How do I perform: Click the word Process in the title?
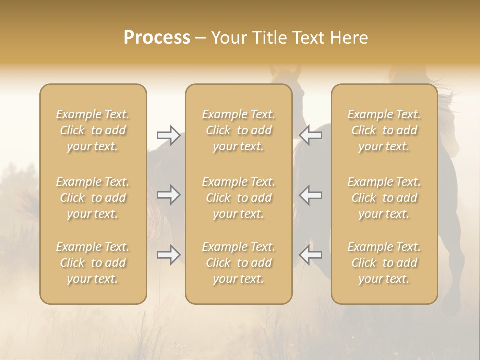(157, 38)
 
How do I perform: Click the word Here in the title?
(350, 38)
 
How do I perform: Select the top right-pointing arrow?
(168, 135)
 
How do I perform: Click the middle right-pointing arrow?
(168, 194)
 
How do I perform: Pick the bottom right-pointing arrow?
(168, 255)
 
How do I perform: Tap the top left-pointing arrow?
(311, 135)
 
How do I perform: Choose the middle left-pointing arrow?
(311, 194)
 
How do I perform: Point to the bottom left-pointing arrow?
(311, 255)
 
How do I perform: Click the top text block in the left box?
(93, 130)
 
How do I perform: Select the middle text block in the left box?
(93, 198)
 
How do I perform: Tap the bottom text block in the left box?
(93, 263)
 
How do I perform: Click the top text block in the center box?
(238, 130)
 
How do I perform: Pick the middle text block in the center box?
(238, 198)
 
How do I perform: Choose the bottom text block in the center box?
(238, 263)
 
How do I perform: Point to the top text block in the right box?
(384, 130)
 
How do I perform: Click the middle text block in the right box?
(384, 198)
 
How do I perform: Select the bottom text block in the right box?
(384, 263)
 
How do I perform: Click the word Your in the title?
(228, 38)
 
